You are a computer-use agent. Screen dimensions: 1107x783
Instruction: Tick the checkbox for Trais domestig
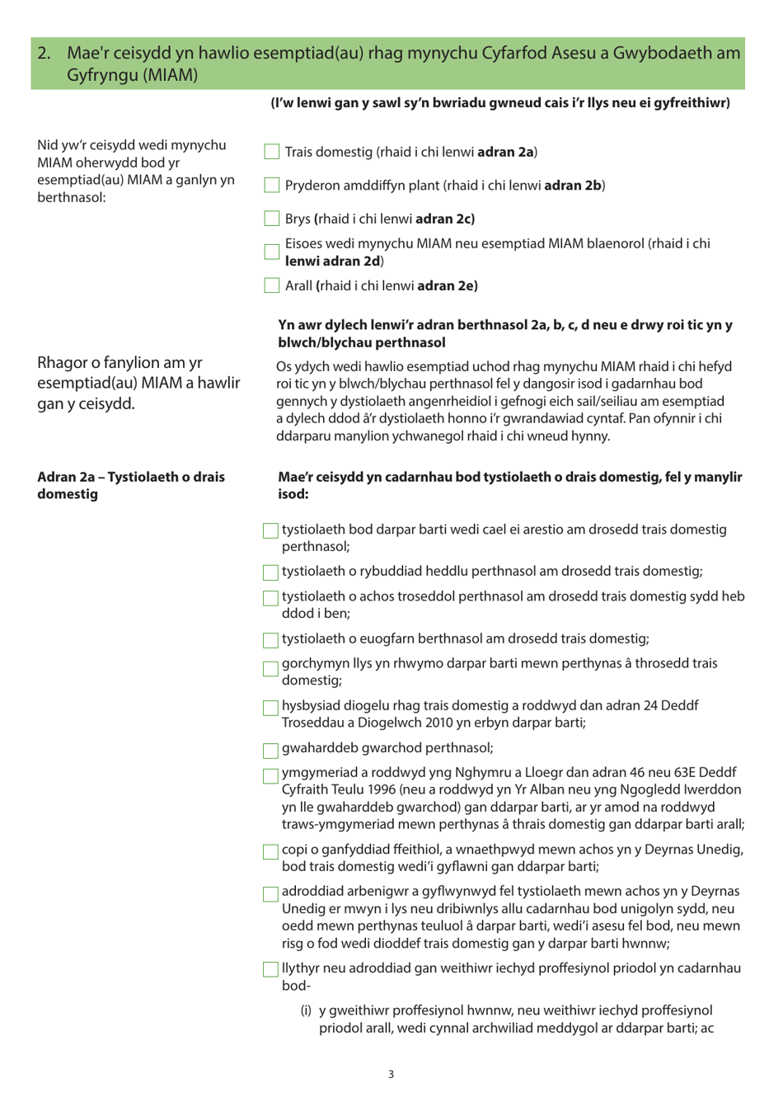(x=271, y=152)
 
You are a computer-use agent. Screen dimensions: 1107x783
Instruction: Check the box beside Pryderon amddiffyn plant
(x=271, y=186)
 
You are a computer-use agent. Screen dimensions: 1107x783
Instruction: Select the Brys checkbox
(x=271, y=219)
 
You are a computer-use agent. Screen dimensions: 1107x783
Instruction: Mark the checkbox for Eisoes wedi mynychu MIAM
(x=271, y=252)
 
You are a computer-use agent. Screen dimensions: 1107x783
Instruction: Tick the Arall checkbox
(x=271, y=285)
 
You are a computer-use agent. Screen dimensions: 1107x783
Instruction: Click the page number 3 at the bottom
(x=391, y=1074)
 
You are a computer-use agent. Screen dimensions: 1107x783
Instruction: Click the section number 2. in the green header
(x=45, y=54)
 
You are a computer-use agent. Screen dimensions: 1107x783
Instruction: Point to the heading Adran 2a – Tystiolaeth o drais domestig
(x=130, y=485)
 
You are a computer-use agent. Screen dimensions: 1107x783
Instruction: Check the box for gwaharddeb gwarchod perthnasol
(x=270, y=750)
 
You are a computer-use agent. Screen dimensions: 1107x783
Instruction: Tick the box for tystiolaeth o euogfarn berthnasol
(x=270, y=640)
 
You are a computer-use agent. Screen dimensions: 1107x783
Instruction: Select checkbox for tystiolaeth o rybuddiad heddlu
(x=270, y=572)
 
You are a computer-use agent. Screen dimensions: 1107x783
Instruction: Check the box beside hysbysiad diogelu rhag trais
(x=270, y=708)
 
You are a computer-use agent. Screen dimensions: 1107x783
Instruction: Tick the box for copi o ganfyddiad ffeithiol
(x=270, y=851)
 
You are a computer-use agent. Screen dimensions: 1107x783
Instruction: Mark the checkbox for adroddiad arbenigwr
(x=270, y=893)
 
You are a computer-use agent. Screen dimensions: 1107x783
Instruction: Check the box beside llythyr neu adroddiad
(x=270, y=970)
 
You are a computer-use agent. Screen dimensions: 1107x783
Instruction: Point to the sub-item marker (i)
(x=306, y=1010)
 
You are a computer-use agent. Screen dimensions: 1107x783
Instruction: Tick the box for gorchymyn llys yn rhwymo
(x=270, y=668)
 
